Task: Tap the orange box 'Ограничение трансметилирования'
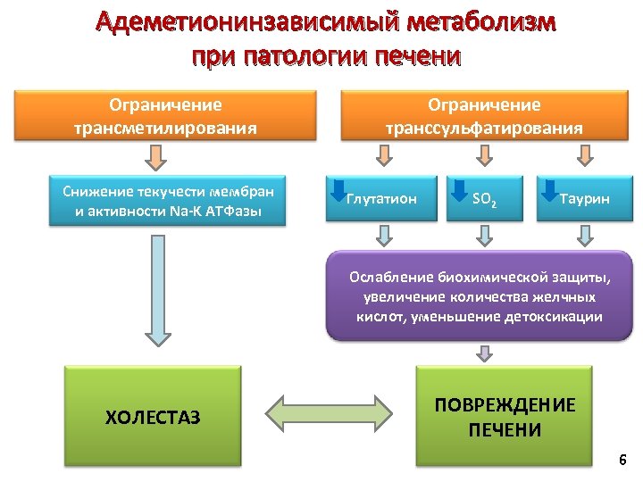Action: click(165, 116)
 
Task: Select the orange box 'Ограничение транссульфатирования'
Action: click(483, 116)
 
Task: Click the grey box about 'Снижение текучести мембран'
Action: click(167, 201)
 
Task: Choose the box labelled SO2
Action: click(483, 199)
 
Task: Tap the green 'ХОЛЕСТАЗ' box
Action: click(153, 416)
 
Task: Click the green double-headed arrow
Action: click(330, 416)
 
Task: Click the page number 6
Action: click(622, 461)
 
